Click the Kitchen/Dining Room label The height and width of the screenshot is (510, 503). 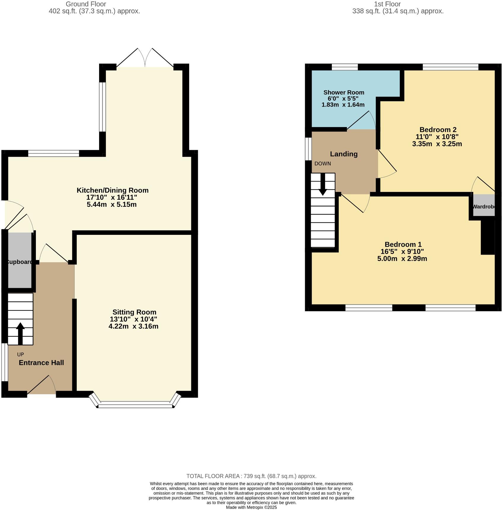(x=112, y=190)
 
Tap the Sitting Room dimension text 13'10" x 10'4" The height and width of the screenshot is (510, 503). (x=133, y=319)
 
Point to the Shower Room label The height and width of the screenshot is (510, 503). (x=343, y=92)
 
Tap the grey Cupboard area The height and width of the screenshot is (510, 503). (x=20, y=261)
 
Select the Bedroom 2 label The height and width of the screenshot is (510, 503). (x=438, y=129)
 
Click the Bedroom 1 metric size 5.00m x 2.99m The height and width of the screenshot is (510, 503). (x=402, y=259)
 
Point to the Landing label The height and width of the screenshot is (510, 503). (x=343, y=154)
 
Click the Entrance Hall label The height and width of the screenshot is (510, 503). (x=41, y=363)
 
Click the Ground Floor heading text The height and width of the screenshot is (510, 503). (x=86, y=4)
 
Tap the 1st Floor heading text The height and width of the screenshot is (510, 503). (x=387, y=4)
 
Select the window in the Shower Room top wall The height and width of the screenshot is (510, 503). (x=344, y=67)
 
